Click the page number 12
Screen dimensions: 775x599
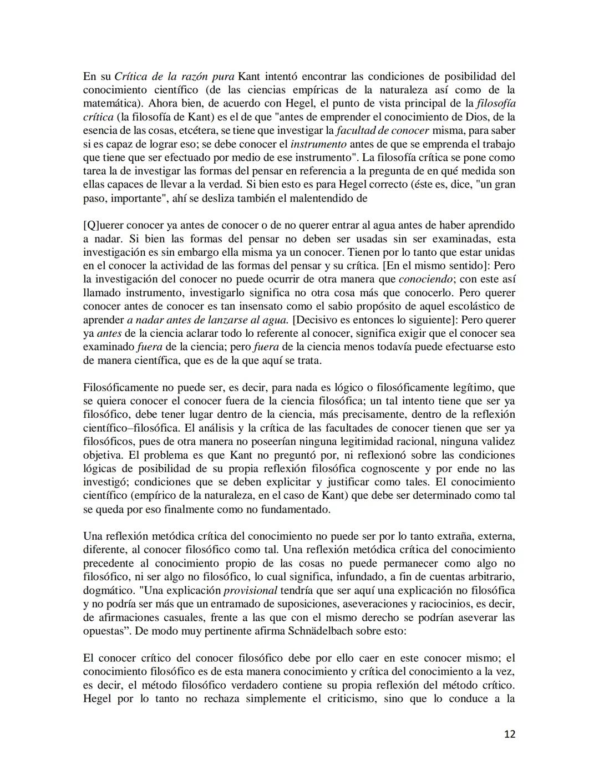[x=510, y=734]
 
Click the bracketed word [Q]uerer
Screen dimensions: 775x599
[x=103, y=225]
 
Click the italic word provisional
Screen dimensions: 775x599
[x=250, y=590]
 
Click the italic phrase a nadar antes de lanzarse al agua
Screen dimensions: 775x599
[x=207, y=320]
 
